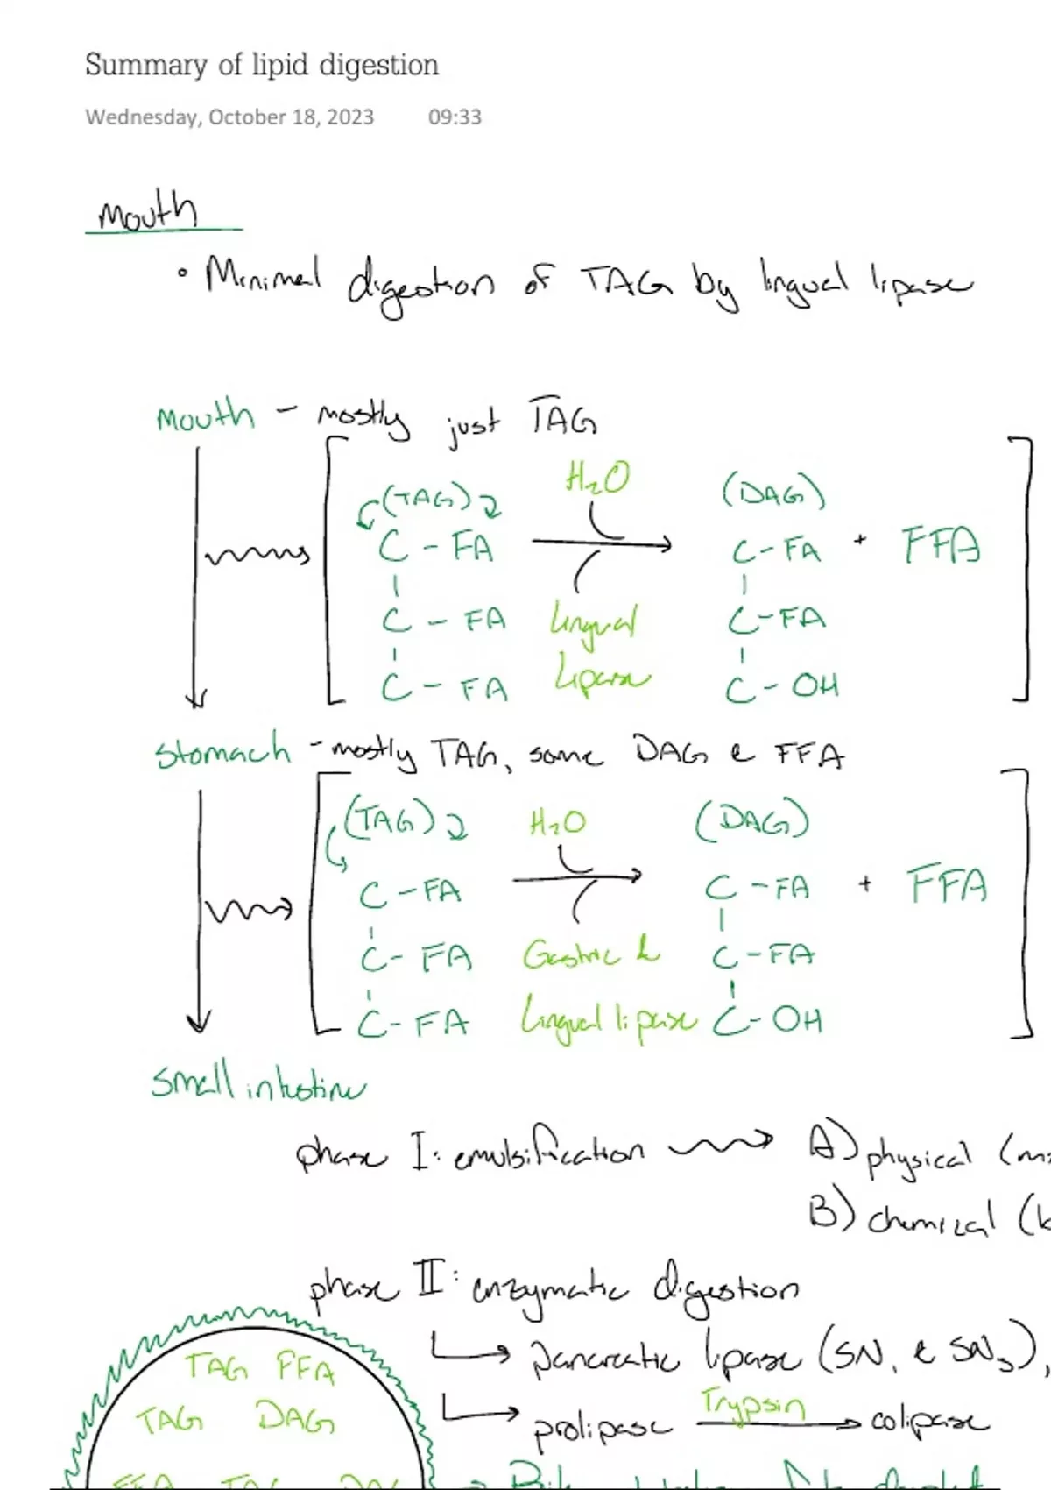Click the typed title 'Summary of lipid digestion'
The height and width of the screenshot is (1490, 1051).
[261, 65]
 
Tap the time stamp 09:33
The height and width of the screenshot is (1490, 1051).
[455, 117]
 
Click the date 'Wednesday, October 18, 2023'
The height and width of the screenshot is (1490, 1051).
[229, 117]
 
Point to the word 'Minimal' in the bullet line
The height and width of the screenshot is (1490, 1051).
[263, 275]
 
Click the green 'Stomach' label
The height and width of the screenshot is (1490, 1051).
[222, 752]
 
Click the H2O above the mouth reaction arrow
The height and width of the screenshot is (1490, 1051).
[596, 479]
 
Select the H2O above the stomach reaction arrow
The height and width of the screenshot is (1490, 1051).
[557, 823]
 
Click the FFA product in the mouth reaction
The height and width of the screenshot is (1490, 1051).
[942, 545]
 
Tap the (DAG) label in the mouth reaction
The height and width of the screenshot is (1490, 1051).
[773, 493]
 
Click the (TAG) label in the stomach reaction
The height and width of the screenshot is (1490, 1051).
[390, 819]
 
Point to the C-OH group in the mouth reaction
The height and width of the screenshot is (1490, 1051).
[781, 686]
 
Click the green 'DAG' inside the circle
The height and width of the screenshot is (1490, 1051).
[295, 1417]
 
